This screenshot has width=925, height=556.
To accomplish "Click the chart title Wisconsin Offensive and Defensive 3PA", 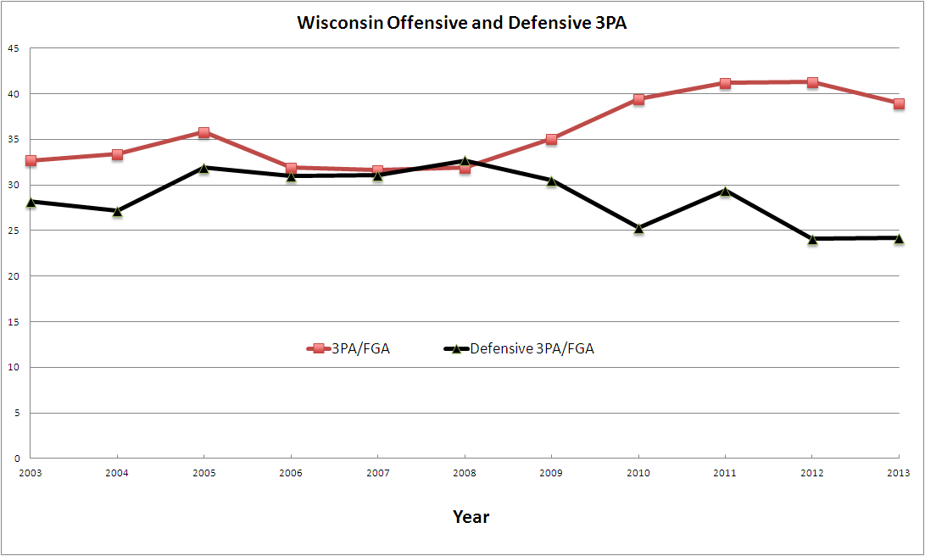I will pyautogui.click(x=462, y=23).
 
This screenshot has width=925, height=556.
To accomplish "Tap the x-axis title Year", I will pyautogui.click(x=471, y=516).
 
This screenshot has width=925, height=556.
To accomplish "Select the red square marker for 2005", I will pyautogui.click(x=203, y=132).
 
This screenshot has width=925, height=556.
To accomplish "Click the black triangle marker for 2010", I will pyautogui.click(x=638, y=227).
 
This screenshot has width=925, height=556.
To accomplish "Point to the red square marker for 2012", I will pyautogui.click(x=812, y=82).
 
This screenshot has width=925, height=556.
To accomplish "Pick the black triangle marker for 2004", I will pyautogui.click(x=117, y=210).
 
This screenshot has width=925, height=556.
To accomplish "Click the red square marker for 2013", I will pyautogui.click(x=899, y=103).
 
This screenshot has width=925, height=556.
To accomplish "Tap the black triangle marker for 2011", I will pyautogui.click(x=725, y=191).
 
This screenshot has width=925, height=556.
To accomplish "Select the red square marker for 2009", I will pyautogui.click(x=551, y=139).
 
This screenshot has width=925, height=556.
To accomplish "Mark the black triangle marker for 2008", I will pyautogui.click(x=465, y=160).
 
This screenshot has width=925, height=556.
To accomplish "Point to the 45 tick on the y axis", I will pyautogui.click(x=14, y=48).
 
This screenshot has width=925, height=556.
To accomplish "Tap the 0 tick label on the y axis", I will pyautogui.click(x=16, y=459).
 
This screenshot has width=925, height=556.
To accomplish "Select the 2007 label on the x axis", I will pyautogui.click(x=377, y=472).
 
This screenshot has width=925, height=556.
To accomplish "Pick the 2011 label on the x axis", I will pyautogui.click(x=725, y=472).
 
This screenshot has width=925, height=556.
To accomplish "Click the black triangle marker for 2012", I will pyautogui.click(x=812, y=239).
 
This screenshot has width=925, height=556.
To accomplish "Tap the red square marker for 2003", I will pyautogui.click(x=31, y=160).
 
